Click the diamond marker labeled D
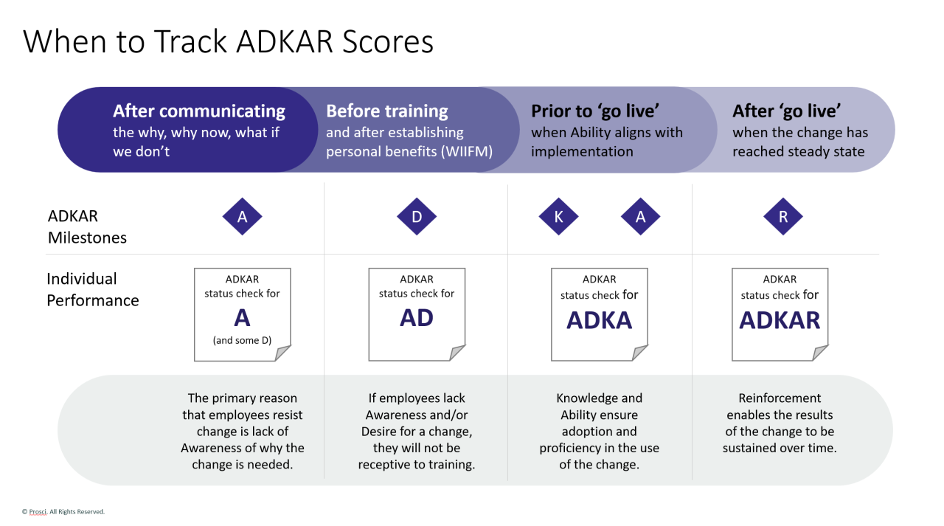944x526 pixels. tap(417, 217)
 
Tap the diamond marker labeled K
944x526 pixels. tap(558, 217)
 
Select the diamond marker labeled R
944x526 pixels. tap(782, 217)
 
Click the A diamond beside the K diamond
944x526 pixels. tap(640, 217)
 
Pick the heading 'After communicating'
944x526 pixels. tap(198, 111)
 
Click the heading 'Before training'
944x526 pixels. tap(386, 111)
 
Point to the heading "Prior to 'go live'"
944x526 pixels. tap(594, 111)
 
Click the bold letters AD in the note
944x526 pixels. tap(417, 318)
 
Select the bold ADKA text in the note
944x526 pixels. tap(600, 320)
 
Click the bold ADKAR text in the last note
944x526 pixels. tap(780, 320)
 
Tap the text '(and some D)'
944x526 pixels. tap(242, 340)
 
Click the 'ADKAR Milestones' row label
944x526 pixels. tap(87, 227)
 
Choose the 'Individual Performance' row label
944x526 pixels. tap(92, 290)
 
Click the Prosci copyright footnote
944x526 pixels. tap(63, 511)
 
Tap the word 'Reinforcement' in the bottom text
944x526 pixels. tap(780, 398)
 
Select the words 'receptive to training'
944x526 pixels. tap(416, 465)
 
